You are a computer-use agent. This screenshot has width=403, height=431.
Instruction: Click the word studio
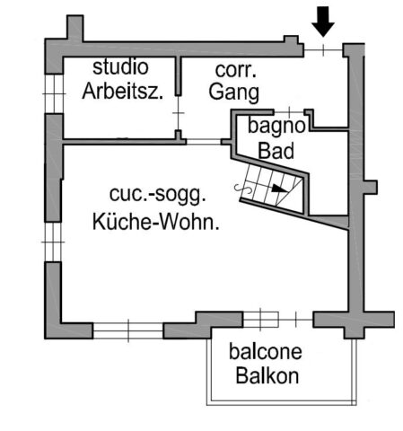tap(120, 67)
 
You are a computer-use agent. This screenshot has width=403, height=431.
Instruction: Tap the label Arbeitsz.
tap(123, 91)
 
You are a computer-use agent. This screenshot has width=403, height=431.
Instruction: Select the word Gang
tap(233, 92)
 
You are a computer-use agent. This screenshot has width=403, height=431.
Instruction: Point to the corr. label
tap(235, 70)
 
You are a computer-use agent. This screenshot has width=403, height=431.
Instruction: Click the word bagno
tap(276, 127)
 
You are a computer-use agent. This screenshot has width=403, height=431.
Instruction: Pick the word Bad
tap(276, 151)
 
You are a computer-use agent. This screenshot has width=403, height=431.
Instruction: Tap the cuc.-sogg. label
tap(158, 195)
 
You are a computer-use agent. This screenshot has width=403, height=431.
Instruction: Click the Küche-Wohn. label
tap(155, 222)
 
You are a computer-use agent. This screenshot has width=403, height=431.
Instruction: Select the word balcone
tap(266, 352)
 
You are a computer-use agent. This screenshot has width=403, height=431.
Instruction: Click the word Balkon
tap(267, 375)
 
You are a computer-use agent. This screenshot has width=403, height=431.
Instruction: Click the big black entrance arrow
tap(323, 22)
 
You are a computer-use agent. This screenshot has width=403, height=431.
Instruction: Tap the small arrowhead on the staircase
tap(278, 189)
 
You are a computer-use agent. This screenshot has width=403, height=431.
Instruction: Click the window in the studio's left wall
tap(54, 94)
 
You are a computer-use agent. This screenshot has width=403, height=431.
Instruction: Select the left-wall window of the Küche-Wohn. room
tap(53, 242)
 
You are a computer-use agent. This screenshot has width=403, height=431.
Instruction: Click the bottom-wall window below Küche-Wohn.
tap(128, 330)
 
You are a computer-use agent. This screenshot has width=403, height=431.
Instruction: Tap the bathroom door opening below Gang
tap(289, 112)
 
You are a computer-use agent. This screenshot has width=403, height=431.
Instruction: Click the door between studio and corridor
tap(179, 113)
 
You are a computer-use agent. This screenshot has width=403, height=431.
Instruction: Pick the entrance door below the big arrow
tap(323, 50)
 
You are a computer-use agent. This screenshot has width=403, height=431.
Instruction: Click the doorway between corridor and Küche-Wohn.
tap(204, 142)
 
